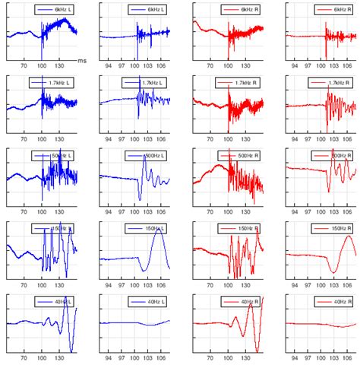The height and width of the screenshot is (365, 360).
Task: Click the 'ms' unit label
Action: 82,60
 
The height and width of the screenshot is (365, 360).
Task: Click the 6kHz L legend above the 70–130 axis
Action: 55,8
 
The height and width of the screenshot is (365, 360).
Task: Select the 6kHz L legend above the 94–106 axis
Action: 147,8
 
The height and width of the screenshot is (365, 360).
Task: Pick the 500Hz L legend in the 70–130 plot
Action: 55,155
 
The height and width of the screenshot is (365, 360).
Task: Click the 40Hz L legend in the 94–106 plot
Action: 147,302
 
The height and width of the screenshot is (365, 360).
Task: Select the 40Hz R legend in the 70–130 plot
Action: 242,302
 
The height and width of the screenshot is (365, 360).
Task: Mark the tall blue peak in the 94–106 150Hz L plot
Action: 159,232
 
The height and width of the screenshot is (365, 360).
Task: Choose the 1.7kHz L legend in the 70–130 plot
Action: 55,82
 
